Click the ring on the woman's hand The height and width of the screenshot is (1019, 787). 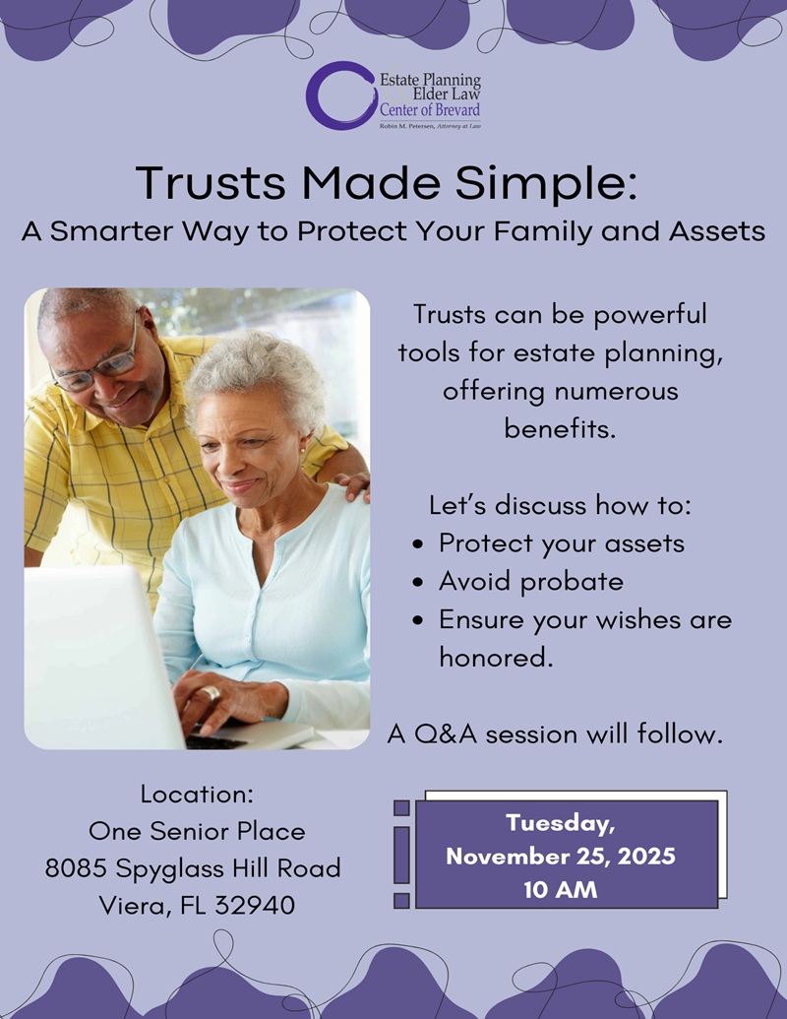211,693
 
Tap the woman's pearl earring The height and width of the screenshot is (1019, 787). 303,450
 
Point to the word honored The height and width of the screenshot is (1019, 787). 496,657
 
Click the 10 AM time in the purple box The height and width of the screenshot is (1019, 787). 561,890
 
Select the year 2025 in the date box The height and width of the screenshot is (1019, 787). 646,857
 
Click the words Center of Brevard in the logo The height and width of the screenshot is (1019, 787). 430,110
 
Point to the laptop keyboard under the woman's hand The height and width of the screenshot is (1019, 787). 215,740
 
